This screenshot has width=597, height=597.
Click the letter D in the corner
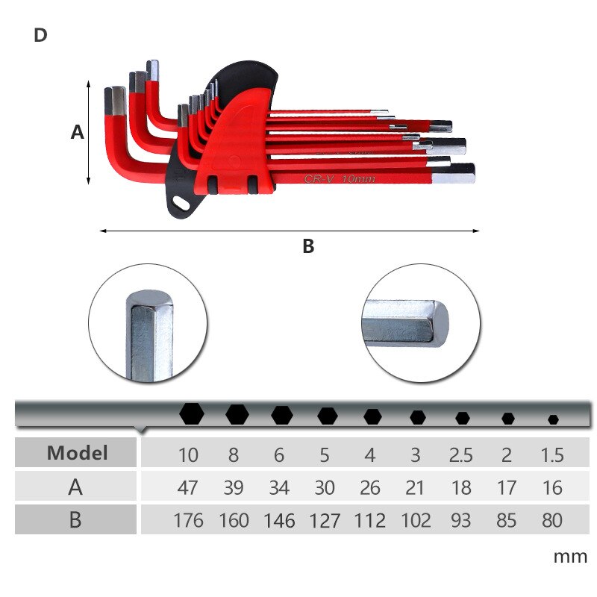click(40, 35)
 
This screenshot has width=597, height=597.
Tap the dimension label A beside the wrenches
click(77, 132)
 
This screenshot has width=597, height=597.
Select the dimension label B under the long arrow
click(308, 246)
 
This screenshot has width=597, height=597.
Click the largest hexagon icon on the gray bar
click(192, 413)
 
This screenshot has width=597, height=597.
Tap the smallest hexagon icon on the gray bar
click(553, 419)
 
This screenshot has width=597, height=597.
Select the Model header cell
click(77, 452)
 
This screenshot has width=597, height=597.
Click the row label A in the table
click(75, 487)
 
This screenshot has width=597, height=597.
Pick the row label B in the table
click(75, 519)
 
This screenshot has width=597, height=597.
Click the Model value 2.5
click(461, 454)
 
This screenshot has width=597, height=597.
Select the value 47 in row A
click(187, 488)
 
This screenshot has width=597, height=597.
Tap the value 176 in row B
click(187, 520)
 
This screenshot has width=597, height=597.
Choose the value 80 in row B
click(552, 520)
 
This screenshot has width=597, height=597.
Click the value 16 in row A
click(552, 488)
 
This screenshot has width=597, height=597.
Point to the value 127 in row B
click(325, 520)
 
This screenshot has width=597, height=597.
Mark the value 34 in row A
click(279, 488)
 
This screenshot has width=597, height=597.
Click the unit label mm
click(570, 557)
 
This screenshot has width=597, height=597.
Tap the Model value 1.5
click(552, 454)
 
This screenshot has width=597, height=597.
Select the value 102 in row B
click(416, 520)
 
